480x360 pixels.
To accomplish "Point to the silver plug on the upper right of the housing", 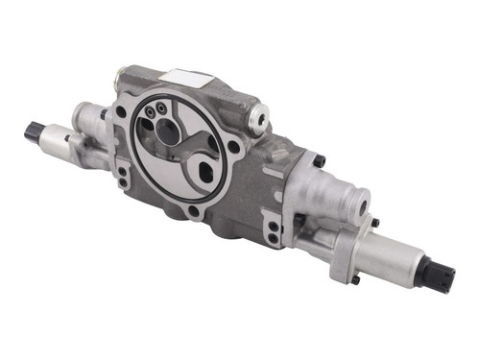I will [x=257, y=117].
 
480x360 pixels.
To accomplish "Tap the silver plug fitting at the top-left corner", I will [x=122, y=76].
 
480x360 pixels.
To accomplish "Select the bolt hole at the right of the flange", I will [x=236, y=147].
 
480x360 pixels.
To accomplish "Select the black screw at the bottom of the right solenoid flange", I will [x=356, y=279].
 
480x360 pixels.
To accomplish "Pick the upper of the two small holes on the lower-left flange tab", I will [x=123, y=173].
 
